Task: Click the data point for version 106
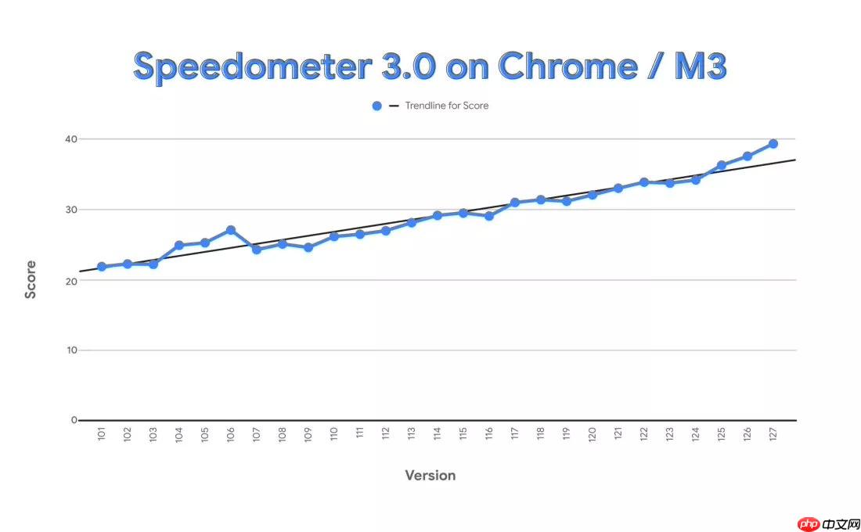pyautogui.click(x=231, y=230)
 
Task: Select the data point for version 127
pyautogui.click(x=773, y=144)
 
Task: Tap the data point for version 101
pyautogui.click(x=102, y=267)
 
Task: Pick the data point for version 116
pyautogui.click(x=489, y=216)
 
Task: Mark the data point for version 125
pyautogui.click(x=722, y=165)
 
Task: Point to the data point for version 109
pyautogui.click(x=308, y=247)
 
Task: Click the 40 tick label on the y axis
pyautogui.click(x=71, y=139)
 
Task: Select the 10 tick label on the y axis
pyautogui.click(x=71, y=350)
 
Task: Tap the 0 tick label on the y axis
pyautogui.click(x=74, y=420)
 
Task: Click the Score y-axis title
pyautogui.click(x=31, y=280)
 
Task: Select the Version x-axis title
pyautogui.click(x=430, y=476)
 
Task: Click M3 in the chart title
pyautogui.click(x=699, y=66)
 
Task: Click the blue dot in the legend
pyautogui.click(x=376, y=106)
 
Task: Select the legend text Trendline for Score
pyautogui.click(x=447, y=106)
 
